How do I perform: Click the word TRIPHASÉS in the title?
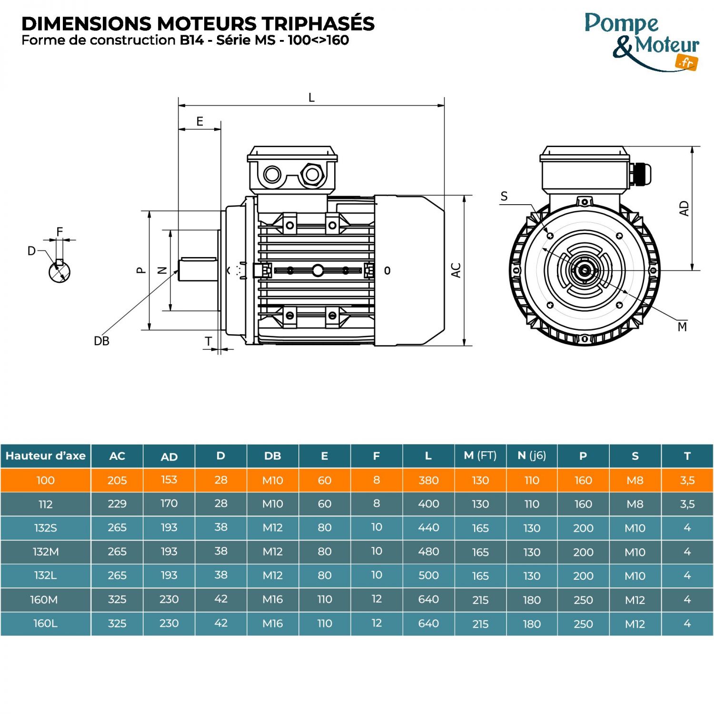click(317, 24)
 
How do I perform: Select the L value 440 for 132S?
click(428, 527)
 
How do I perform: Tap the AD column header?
click(169, 456)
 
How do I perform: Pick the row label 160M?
click(44, 599)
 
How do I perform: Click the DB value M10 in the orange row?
click(272, 480)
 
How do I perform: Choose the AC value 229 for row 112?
click(117, 504)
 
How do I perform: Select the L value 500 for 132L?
click(428, 575)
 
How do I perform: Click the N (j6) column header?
click(532, 456)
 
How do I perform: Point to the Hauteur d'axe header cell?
click(46, 456)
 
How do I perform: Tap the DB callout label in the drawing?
click(101, 341)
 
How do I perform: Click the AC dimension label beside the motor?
click(456, 270)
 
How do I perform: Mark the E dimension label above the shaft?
click(200, 121)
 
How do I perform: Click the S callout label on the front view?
click(504, 196)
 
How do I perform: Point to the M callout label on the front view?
click(682, 327)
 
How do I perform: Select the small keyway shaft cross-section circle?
click(59, 271)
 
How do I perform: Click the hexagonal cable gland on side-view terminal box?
click(312, 175)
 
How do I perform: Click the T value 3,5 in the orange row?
click(687, 480)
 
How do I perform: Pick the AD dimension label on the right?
click(684, 208)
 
